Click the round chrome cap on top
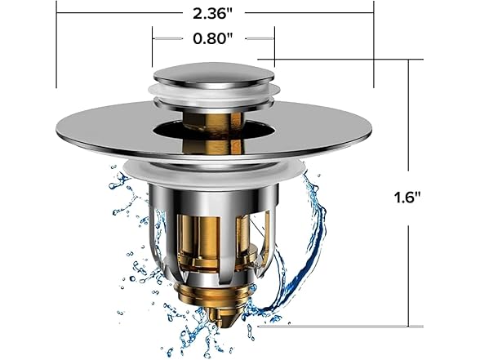pyautogui.click(x=214, y=74)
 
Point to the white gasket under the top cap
pyautogui.click(x=214, y=96)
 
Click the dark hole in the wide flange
pyautogui.click(x=214, y=128)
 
